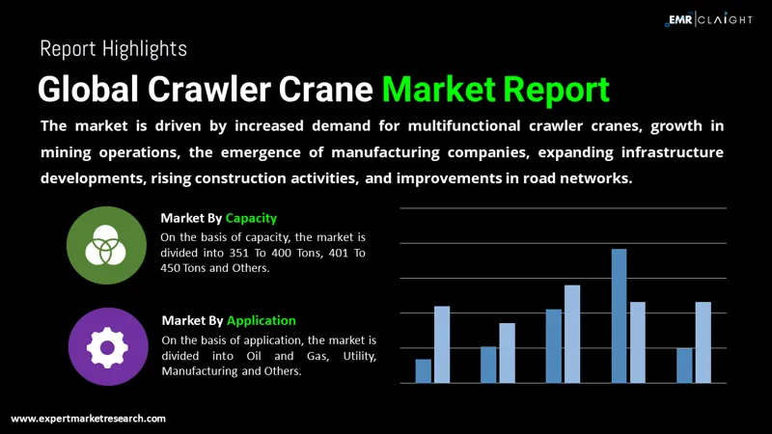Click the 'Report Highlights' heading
(x=113, y=47)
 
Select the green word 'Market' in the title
(x=438, y=89)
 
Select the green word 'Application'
(x=261, y=320)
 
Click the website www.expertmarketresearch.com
(x=89, y=419)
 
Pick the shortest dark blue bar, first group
(x=424, y=370)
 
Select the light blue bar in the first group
(x=442, y=344)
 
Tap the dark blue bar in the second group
(x=488, y=365)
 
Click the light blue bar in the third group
(x=572, y=334)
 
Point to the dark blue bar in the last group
(x=684, y=366)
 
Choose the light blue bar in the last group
(x=703, y=342)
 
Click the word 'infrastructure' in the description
(x=672, y=152)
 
